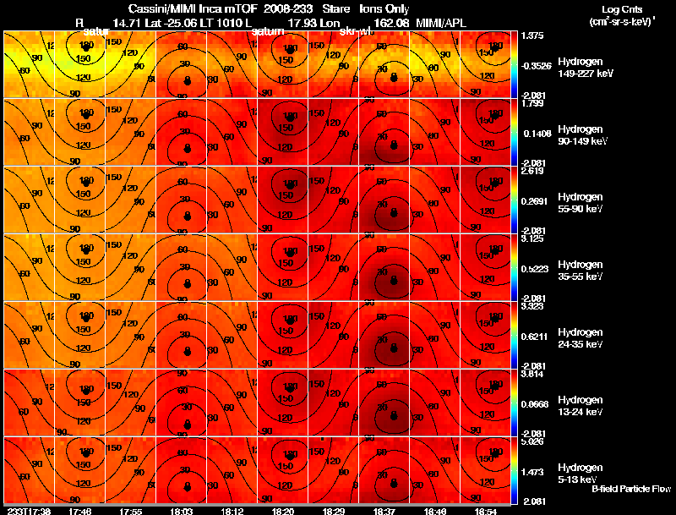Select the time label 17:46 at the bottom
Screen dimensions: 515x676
[x=80, y=511]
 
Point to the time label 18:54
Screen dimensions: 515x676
[x=485, y=511]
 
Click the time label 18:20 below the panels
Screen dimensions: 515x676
[x=282, y=511]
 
